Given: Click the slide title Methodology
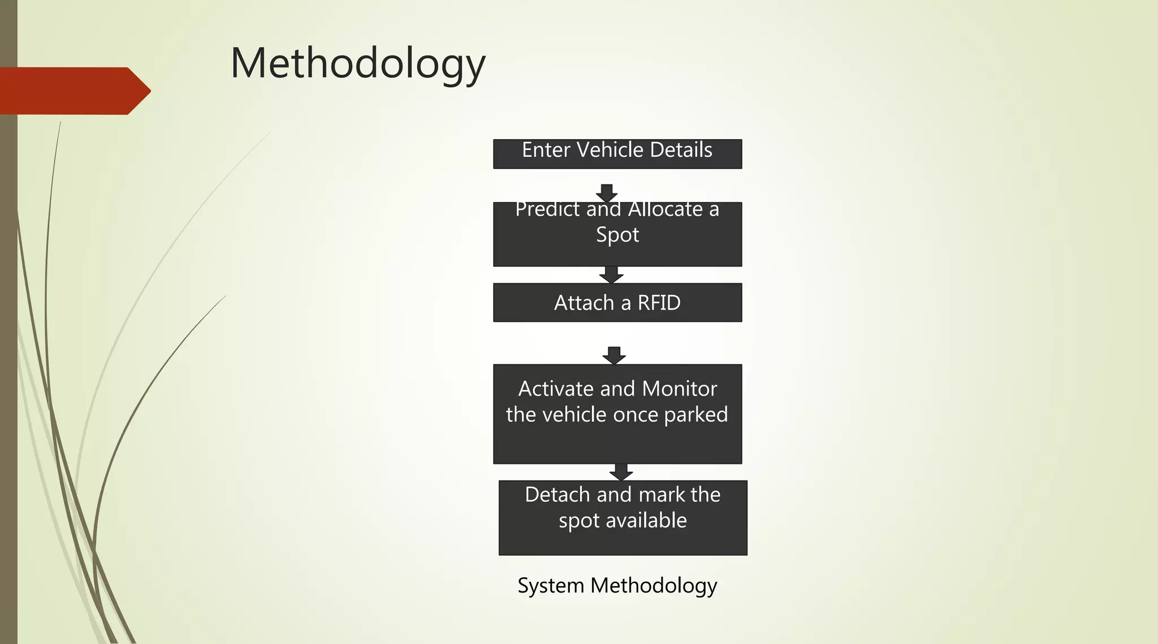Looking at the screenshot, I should pos(358,63).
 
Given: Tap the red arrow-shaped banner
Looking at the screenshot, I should pos(74,91).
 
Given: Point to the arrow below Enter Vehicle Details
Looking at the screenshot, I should pos(607,192).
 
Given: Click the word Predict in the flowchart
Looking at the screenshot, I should pos(548,210).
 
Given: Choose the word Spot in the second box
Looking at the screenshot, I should pos(617,235).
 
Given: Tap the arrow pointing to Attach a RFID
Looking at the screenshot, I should pos(611,274).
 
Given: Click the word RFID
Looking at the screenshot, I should pos(659,303).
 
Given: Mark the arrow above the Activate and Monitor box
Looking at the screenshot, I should pos(614,355).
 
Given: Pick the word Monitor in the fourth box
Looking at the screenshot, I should pos(680,389).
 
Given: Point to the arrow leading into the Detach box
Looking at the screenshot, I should pos(621,472).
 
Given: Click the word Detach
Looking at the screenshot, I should pos(558,495).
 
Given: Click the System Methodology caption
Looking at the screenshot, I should pos(617,586).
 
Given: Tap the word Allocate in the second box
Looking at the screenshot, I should pos(666,210).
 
